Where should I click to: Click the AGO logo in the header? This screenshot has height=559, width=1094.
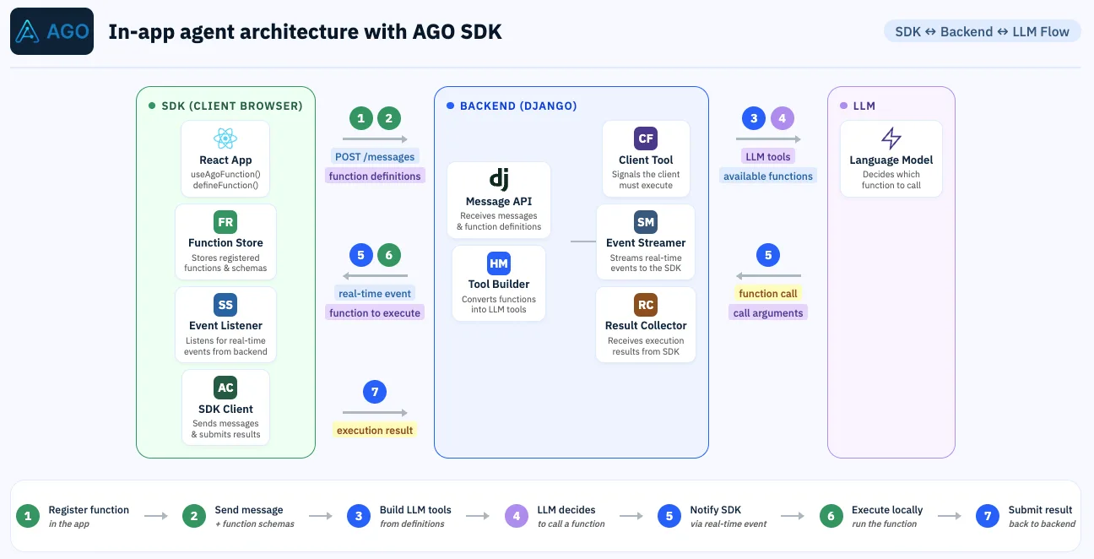coord(51,31)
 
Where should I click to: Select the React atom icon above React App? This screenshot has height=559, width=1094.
coord(225,138)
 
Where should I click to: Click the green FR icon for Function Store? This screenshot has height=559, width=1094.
coord(225,222)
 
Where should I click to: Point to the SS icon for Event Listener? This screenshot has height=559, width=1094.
coord(225,305)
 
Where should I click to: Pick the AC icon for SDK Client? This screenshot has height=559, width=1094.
coord(225,388)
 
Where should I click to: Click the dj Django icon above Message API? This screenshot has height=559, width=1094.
coord(499,179)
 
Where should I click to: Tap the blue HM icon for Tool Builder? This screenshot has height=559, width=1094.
coord(499,263)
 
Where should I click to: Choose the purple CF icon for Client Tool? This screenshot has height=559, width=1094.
coord(646,138)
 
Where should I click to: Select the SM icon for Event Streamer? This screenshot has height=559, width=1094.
coord(646,222)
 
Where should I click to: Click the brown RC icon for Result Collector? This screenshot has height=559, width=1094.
coord(646,305)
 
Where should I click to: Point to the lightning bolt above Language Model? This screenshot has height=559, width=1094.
coord(891,138)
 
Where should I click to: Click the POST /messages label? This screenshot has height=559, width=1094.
coord(375,156)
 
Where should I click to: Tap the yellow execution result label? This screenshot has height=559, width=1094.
coord(375,431)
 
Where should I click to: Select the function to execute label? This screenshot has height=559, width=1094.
coord(375,313)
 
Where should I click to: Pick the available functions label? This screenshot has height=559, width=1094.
coord(768,176)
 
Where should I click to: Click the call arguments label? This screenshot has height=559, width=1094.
coord(768,313)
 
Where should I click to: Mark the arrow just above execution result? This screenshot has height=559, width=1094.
coord(375,413)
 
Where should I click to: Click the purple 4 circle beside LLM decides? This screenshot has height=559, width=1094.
coord(517,516)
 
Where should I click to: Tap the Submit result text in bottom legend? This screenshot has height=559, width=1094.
coord(1040,510)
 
